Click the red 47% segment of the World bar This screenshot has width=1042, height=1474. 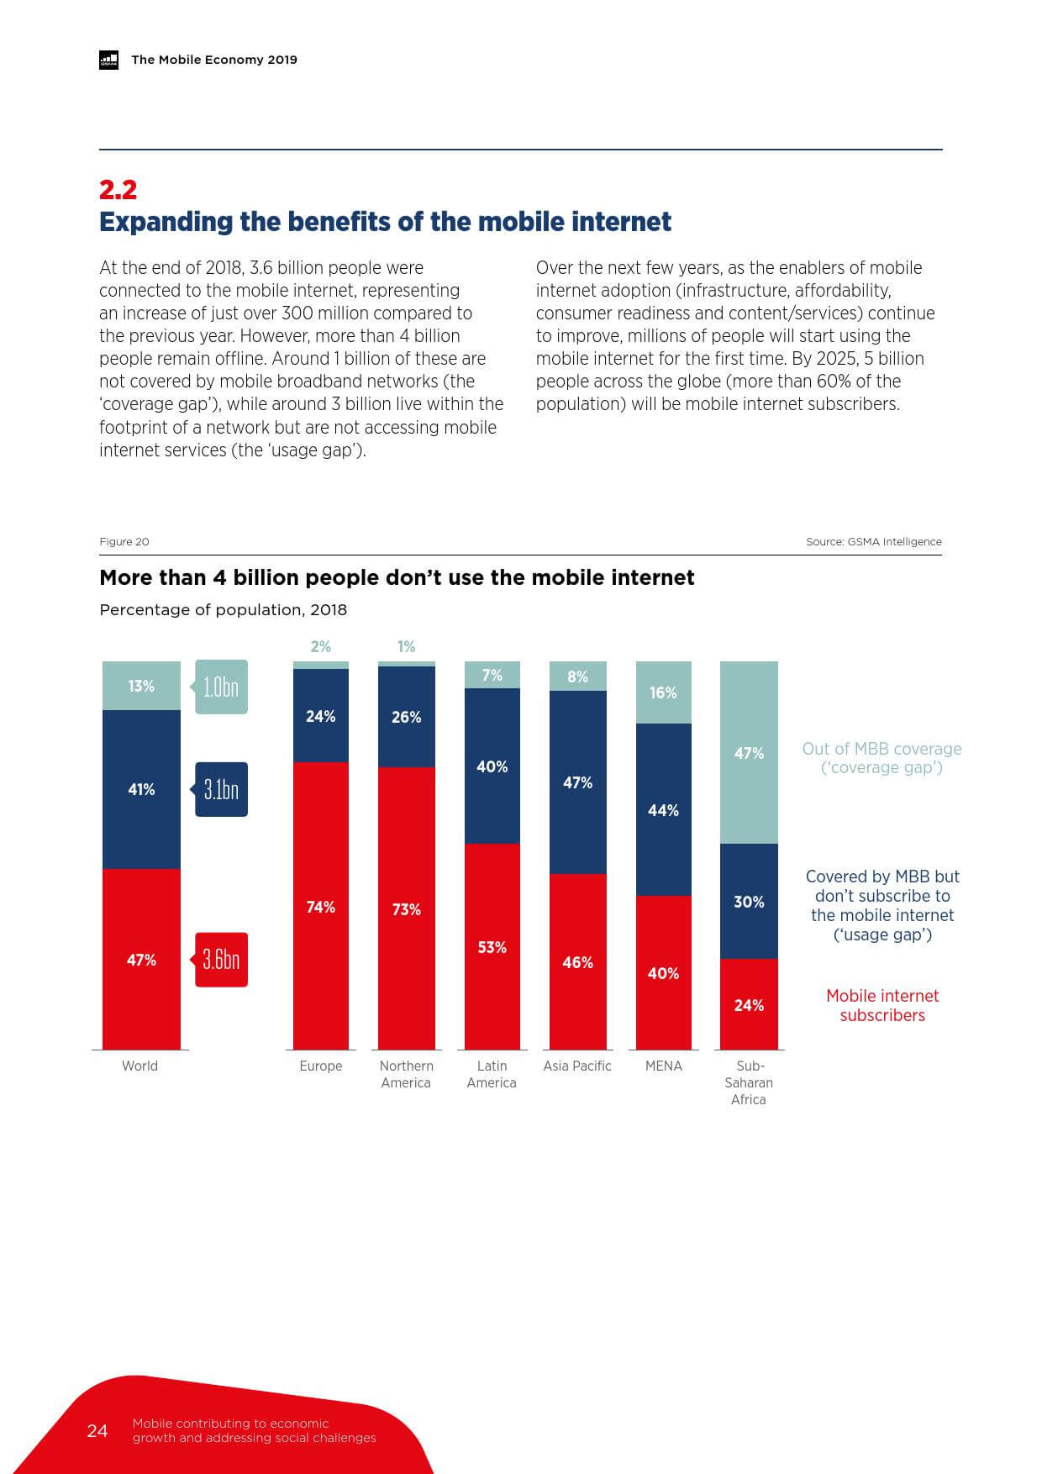[x=141, y=959]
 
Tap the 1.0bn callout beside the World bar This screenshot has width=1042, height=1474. [x=221, y=687]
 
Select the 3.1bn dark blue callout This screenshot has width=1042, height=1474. [x=221, y=789]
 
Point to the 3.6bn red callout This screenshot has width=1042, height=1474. [x=221, y=959]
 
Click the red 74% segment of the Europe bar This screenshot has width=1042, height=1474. [x=321, y=906]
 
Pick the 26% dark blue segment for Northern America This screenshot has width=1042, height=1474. [x=407, y=717]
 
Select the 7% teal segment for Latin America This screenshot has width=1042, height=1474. [x=492, y=675]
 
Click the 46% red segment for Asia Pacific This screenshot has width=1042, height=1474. [x=578, y=961]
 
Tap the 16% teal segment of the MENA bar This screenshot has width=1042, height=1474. [x=664, y=692]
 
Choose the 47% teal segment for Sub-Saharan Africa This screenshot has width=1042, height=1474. [x=749, y=753]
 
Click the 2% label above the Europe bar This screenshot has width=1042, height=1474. [x=321, y=646]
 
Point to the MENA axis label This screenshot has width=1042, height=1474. [x=664, y=1066]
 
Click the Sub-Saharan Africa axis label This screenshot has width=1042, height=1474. [x=749, y=1082]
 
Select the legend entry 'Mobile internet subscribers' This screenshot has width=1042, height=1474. [x=882, y=1005]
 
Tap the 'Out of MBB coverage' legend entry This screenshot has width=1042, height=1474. [x=882, y=758]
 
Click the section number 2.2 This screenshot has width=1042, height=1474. [x=118, y=190]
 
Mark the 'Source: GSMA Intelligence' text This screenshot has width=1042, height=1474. [x=874, y=542]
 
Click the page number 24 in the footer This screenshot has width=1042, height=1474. [x=97, y=1430]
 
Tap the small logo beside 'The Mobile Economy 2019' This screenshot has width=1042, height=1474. [x=109, y=60]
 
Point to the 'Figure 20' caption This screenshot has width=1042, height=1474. [x=124, y=542]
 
